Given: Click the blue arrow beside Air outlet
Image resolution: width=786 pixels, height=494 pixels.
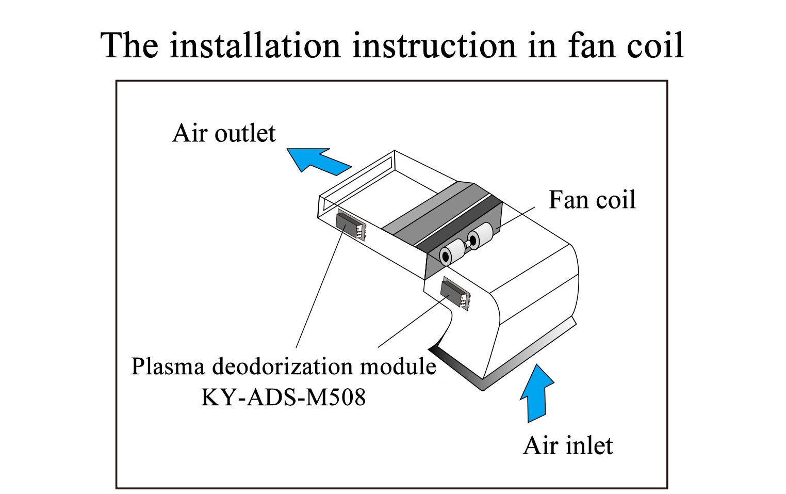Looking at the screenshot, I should click(316, 161).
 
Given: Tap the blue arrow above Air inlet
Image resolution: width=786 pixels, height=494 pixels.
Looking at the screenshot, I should click(536, 393).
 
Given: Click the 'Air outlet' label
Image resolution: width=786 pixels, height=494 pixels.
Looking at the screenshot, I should click(224, 133).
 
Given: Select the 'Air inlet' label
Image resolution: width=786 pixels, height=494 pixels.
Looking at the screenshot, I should click(568, 445).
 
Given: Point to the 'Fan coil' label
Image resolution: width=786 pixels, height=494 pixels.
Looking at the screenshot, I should click(592, 200).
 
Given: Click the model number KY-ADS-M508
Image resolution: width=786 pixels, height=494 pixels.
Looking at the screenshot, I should click(283, 397).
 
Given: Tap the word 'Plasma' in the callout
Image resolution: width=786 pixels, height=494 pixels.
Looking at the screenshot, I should click(169, 366).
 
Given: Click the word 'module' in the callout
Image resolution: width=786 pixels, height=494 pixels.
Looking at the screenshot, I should click(398, 366).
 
